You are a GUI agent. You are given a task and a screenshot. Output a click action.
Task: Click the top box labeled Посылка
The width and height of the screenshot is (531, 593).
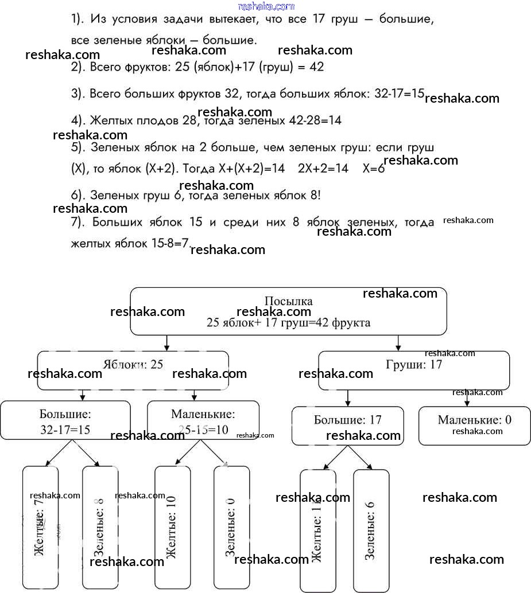288,311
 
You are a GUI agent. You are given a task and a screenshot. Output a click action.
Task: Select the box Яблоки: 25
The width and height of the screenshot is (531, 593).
133,370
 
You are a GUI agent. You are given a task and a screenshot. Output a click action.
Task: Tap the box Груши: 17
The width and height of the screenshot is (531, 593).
414,370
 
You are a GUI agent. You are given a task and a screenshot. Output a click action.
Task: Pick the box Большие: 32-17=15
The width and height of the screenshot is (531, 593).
65,420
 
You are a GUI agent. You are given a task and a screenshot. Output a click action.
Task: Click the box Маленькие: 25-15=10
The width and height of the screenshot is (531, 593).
203,420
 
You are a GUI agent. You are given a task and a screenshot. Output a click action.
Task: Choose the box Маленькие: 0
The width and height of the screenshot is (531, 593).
474,425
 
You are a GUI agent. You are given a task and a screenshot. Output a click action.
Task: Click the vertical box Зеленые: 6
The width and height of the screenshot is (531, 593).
371,530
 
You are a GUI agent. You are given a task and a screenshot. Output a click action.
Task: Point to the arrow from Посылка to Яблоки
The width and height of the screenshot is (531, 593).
166,343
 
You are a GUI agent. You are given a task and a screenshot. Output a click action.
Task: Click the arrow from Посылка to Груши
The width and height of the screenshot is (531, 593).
398,343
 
